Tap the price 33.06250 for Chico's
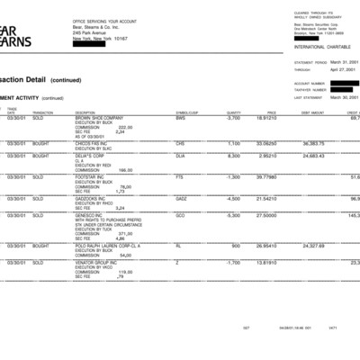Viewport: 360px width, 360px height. coord(265,143)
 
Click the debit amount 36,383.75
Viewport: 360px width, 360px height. coord(313,143)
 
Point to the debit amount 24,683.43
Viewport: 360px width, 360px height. coord(313,156)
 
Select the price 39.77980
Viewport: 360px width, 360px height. coord(265,176)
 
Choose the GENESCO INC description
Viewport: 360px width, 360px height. coord(91,215)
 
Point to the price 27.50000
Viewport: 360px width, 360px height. coord(266,215)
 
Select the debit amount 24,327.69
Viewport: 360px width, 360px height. coord(313,245)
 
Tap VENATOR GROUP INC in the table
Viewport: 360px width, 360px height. coord(97,262)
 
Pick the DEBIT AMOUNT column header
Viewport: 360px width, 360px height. coord(312,112)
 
